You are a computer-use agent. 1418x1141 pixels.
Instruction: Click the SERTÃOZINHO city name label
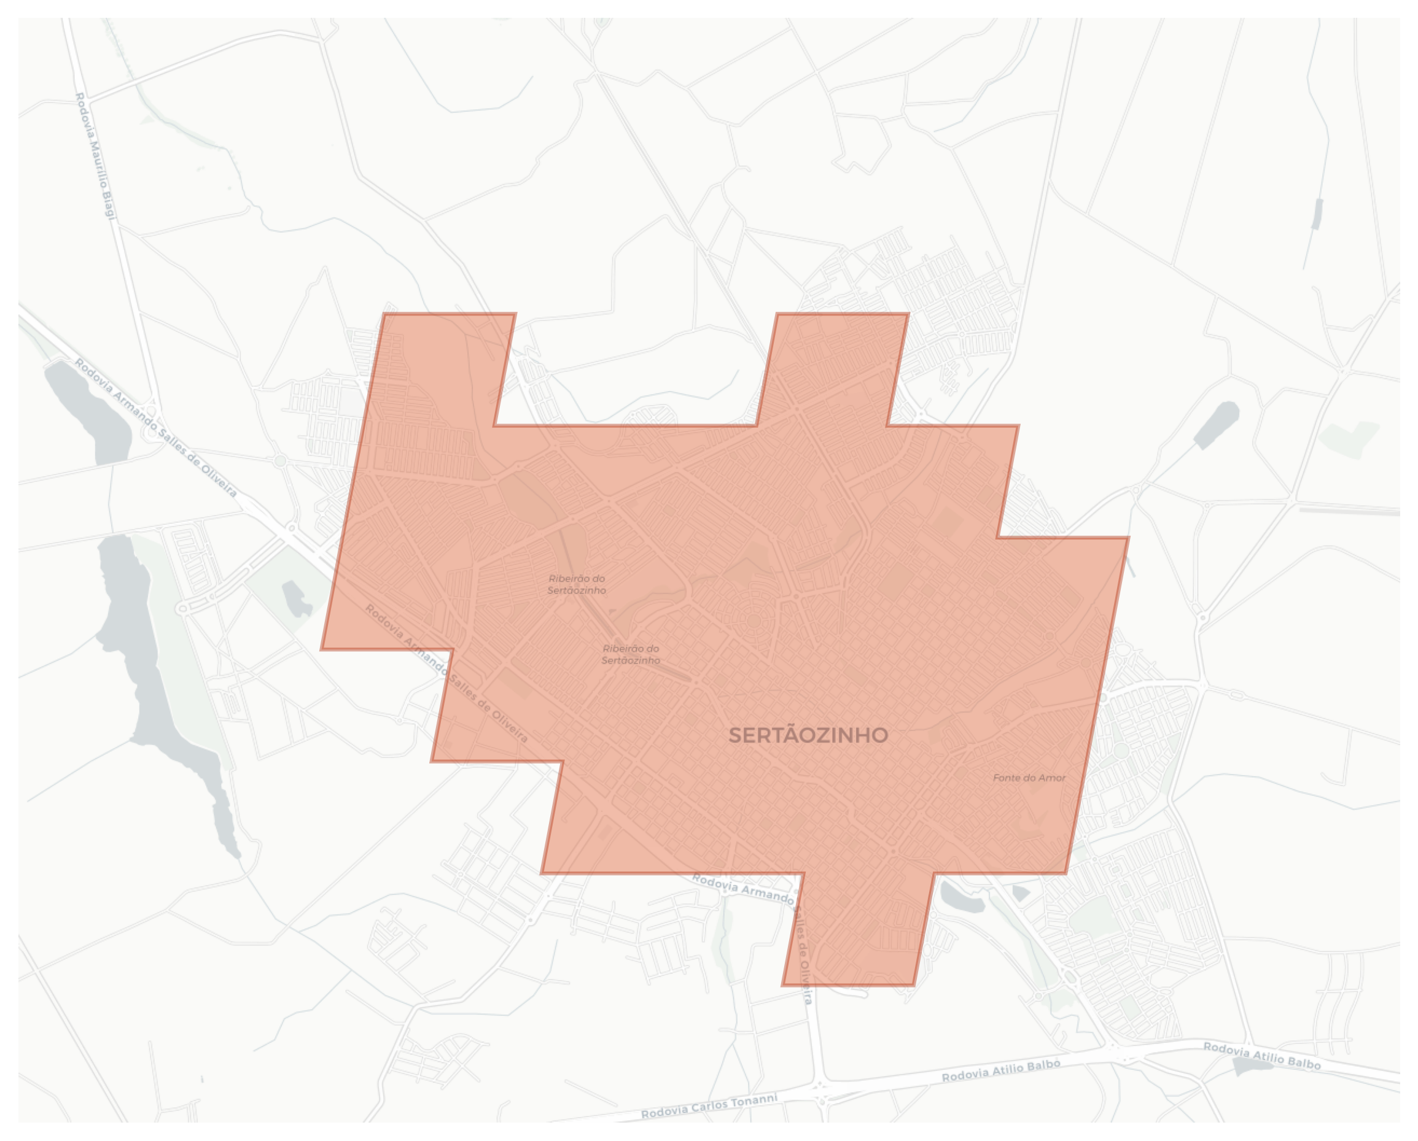808,735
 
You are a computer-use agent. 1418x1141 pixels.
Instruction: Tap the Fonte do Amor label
1029,778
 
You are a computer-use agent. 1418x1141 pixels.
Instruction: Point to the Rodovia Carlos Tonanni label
709,1105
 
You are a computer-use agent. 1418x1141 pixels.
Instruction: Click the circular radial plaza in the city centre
754,620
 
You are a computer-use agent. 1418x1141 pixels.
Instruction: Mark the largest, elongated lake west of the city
158,677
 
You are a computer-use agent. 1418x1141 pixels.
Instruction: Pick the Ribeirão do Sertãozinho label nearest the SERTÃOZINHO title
631,655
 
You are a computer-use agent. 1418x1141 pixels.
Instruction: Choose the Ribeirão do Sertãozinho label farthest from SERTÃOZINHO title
577,584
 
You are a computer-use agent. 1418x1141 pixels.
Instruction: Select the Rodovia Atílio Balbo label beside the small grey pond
1261,1056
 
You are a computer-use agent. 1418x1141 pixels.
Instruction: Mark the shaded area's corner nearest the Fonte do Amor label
1065,873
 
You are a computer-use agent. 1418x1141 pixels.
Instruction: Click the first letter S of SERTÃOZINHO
734,735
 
